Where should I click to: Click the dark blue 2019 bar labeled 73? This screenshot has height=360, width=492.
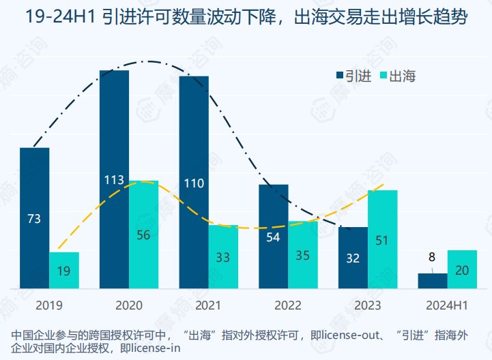pyautogui.click(x=34, y=218)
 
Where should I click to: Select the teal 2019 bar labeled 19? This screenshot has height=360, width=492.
pyautogui.click(x=64, y=270)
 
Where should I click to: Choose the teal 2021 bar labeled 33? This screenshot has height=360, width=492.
pyautogui.click(x=223, y=256)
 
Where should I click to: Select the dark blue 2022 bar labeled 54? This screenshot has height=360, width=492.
pyautogui.click(x=273, y=236)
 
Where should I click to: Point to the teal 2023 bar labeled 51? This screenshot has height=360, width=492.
pyautogui.click(x=382, y=239)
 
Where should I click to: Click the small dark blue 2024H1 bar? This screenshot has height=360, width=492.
pyautogui.click(x=433, y=280)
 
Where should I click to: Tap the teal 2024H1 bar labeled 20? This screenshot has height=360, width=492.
pyautogui.click(x=462, y=269)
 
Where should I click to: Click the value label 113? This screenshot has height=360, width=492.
pyautogui.click(x=114, y=181)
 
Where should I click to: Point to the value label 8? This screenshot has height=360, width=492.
pyautogui.click(x=432, y=258)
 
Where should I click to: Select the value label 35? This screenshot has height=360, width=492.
pyautogui.click(x=303, y=256)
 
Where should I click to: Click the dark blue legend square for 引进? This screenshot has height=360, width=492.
pyautogui.click(x=340, y=76)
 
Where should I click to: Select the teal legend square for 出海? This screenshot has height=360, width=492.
pyautogui.click(x=383, y=76)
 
